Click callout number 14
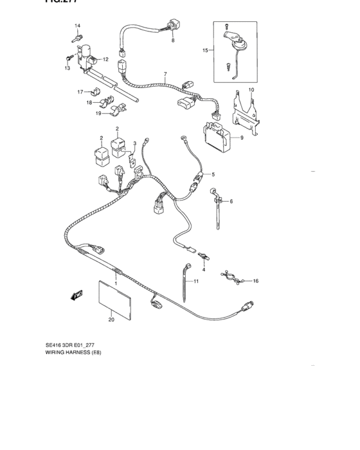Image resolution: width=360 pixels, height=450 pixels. pyautogui.click(x=77, y=26)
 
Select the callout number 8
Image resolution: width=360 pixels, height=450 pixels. pyautogui.click(x=172, y=40)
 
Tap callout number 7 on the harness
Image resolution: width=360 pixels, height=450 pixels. pyautogui.click(x=165, y=74)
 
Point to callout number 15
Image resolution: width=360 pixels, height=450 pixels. pyautogui.click(x=205, y=50)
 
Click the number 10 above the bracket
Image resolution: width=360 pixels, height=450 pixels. pyautogui.click(x=251, y=89)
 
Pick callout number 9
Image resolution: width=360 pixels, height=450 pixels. pyautogui.click(x=242, y=138)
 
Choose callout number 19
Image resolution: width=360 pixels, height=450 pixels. pyautogui.click(x=100, y=114)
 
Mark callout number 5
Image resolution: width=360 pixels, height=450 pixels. pyautogui.click(x=213, y=175)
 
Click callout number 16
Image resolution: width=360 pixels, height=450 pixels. pyautogui.click(x=255, y=281)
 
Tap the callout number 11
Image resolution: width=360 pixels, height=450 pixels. pyautogui.click(x=197, y=282)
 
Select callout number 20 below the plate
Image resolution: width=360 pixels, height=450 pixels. pyautogui.click(x=111, y=319)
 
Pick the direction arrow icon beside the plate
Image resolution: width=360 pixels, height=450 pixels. pyautogui.click(x=76, y=294)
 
